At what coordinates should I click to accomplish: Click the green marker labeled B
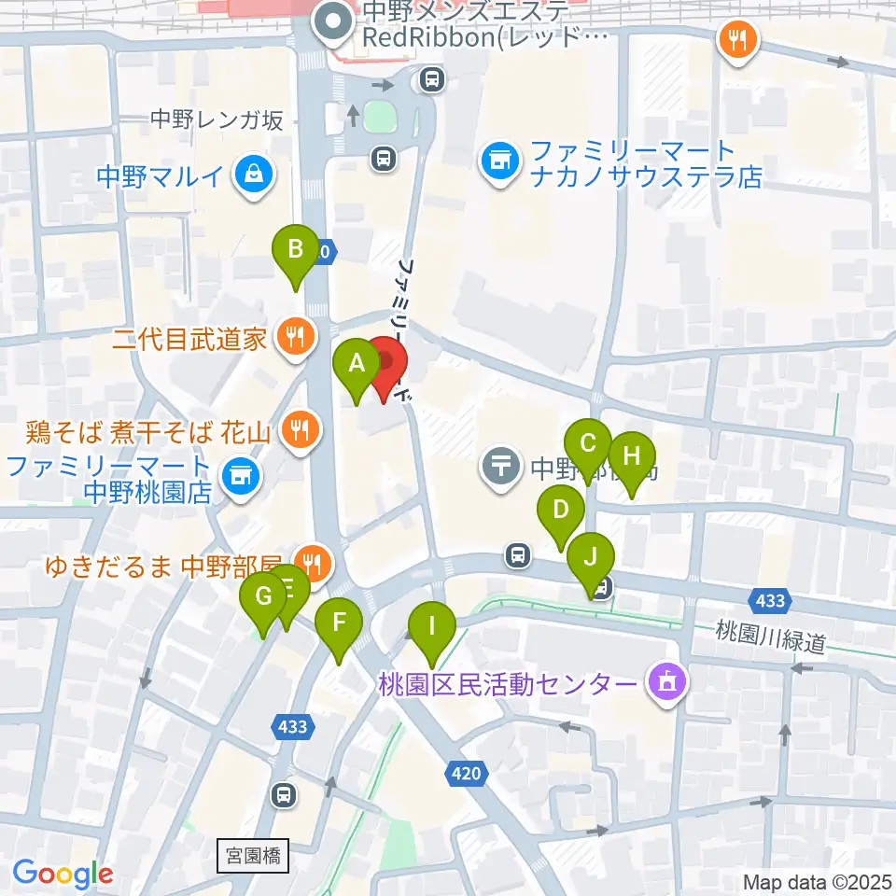coord(295,250)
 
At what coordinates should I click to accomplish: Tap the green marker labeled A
coord(356,365)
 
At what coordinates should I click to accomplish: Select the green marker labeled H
coord(632,457)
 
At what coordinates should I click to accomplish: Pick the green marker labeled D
coord(560,511)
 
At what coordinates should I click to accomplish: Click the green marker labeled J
coord(591,557)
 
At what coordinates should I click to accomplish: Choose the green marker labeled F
coord(340,623)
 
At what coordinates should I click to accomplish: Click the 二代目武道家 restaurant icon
coord(297,337)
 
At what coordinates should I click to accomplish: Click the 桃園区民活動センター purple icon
coord(666,684)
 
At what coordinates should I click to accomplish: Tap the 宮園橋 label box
coord(252,853)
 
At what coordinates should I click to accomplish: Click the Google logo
coord(63,874)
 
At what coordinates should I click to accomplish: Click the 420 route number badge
coord(469,773)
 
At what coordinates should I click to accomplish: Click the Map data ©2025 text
coord(816,881)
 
